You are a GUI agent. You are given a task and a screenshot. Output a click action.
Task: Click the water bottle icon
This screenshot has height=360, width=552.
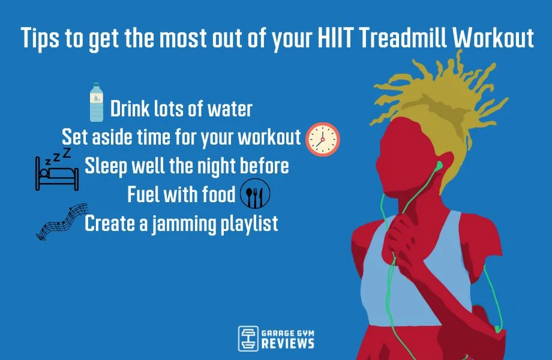coord(96,103)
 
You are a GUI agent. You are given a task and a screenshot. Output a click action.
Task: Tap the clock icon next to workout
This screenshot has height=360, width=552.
coord(323,139)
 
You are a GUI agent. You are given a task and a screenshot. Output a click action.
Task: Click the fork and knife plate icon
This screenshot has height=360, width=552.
coord(255,194)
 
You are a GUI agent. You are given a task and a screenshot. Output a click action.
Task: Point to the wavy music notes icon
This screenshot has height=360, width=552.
coord(59,221)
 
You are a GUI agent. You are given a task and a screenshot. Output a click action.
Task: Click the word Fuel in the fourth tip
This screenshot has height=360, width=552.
coord(144,194)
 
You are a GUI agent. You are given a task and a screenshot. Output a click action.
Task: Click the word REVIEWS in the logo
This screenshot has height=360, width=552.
coord(288,343)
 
